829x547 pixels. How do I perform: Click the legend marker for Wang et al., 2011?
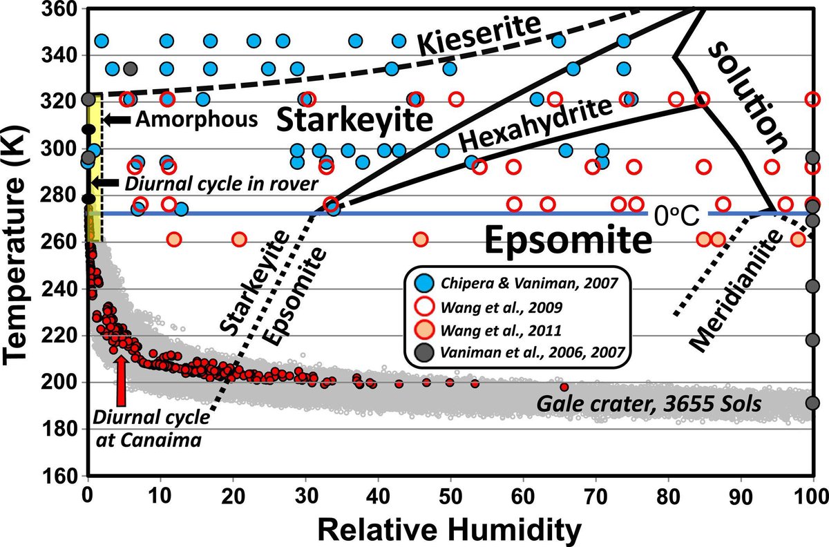point(422,328)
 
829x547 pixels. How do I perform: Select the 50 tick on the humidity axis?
point(450,495)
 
